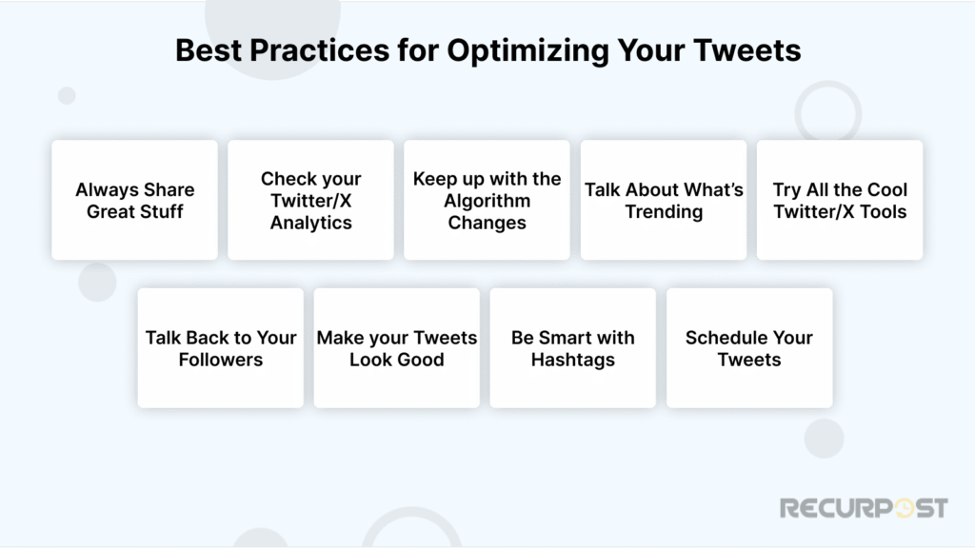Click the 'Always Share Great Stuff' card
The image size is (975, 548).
pos(134,200)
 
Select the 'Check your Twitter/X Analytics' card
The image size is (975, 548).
pos(310,200)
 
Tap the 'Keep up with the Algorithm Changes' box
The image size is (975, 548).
pos(487,200)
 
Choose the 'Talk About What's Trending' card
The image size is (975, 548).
pos(664,200)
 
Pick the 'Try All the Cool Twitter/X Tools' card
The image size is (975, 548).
pos(840,200)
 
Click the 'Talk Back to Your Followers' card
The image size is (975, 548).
pos(220,348)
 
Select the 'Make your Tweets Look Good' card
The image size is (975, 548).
pos(396,348)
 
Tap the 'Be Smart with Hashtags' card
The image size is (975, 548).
pos(572,348)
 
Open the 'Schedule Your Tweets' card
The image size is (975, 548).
pos(749,348)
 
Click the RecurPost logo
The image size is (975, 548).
pos(864,508)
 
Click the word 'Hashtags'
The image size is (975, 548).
pos(572,360)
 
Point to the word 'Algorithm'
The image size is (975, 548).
pos(486,201)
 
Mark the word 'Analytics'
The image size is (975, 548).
pos(310,223)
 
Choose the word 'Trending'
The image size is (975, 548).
pos(664,211)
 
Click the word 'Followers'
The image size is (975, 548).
pos(220,360)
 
